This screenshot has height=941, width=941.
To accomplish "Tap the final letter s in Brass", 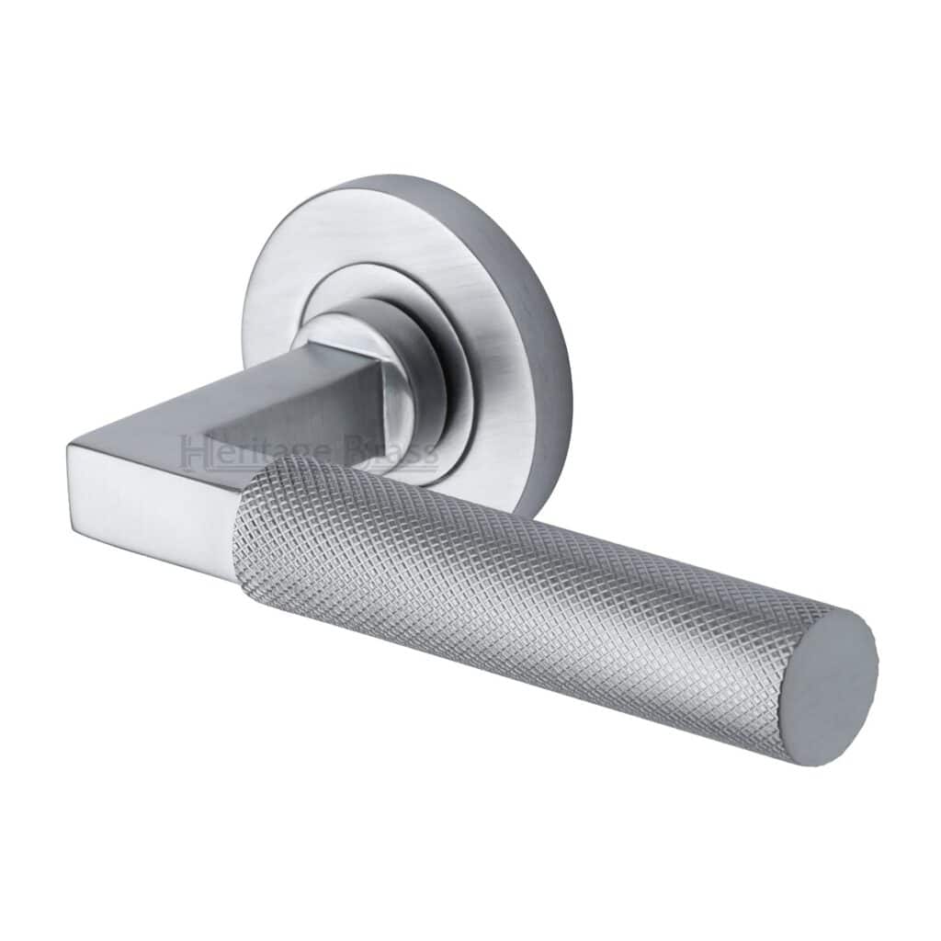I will click(429, 454).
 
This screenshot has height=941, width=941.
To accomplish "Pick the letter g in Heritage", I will click(294, 456).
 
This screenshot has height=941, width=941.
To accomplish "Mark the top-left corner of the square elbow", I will click(71, 445).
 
